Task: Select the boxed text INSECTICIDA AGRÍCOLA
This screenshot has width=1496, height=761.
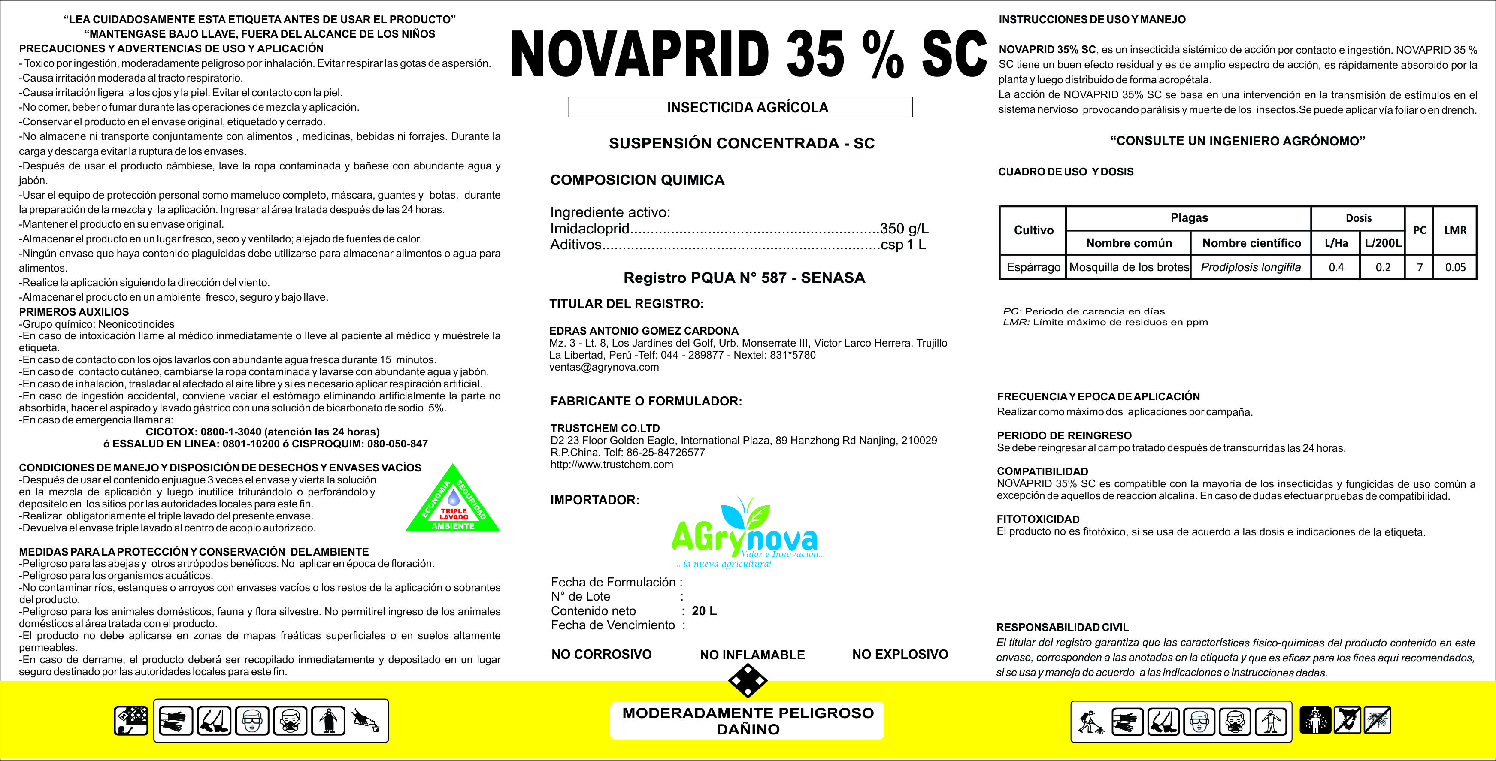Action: click(x=748, y=107)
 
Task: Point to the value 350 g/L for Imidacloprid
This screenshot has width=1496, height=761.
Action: click(x=904, y=229)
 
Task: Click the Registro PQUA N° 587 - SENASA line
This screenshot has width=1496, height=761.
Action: click(x=744, y=278)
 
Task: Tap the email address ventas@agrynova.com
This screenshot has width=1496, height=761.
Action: click(x=604, y=367)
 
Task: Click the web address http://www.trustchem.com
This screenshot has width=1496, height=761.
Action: click(x=612, y=465)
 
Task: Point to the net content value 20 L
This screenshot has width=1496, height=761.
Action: click(x=704, y=611)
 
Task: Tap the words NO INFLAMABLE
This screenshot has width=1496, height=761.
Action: click(x=752, y=655)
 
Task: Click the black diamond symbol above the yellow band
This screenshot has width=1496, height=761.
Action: click(x=748, y=680)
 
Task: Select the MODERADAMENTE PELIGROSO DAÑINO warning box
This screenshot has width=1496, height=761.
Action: click(x=748, y=721)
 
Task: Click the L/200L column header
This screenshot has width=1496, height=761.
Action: click(x=1383, y=243)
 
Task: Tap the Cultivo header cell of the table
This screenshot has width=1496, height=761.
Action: click(x=1033, y=230)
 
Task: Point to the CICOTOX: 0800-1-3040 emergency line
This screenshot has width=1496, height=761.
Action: click(x=263, y=432)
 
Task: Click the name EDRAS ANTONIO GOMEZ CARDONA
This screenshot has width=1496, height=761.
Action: click(x=644, y=331)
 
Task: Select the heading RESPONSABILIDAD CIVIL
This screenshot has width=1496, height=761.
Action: click(x=1062, y=628)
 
